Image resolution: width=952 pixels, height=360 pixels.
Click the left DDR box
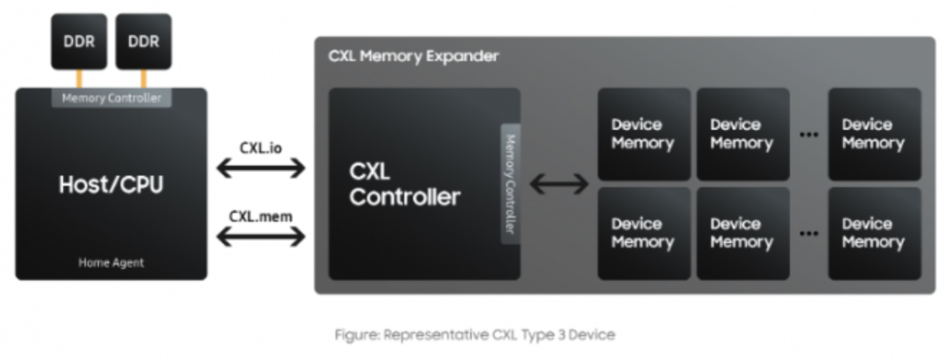tap(79, 41)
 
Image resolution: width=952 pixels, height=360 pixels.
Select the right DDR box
tap(143, 41)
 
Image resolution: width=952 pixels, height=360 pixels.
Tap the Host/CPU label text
tap(111, 185)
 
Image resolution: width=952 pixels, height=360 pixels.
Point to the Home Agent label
tap(111, 262)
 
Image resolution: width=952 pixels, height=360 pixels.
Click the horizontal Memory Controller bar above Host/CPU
tap(111, 98)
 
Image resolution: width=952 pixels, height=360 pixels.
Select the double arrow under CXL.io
tap(261, 169)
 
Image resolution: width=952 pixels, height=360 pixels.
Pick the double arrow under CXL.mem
tap(261, 236)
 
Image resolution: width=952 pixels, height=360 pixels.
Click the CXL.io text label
tap(260, 148)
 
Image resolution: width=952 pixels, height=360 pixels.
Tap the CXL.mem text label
tap(260, 215)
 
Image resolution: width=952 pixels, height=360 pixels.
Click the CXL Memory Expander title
tap(414, 56)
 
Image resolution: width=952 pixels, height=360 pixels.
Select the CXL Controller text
tap(404, 184)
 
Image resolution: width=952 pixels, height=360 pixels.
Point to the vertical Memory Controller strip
tap(510, 184)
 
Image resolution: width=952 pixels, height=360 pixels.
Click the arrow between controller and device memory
tap(559, 184)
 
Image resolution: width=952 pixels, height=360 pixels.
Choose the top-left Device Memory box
tap(644, 134)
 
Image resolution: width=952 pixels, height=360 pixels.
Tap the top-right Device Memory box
tap(874, 134)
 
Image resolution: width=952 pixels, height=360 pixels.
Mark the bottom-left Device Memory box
tap(644, 233)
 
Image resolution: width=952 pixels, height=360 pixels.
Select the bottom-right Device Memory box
tap(874, 233)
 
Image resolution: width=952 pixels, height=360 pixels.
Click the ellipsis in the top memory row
tap(809, 135)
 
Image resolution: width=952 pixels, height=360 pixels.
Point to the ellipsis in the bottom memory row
tap(809, 234)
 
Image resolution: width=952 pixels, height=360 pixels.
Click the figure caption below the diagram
tap(475, 334)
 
